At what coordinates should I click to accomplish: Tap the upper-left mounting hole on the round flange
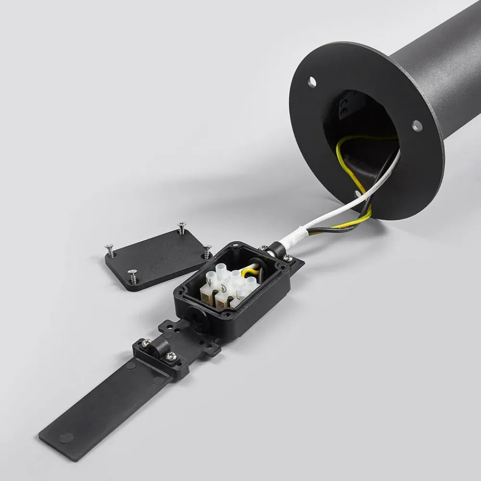[x=312, y=82]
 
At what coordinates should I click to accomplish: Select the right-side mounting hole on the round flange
[x=417, y=126]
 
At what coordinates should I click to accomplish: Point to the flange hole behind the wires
[x=358, y=193]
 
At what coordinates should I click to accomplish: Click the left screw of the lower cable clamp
[x=145, y=343]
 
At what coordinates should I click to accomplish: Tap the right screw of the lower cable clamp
[x=172, y=355]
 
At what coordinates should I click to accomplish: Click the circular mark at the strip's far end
[x=66, y=438]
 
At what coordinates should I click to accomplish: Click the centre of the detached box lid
[x=157, y=258]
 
